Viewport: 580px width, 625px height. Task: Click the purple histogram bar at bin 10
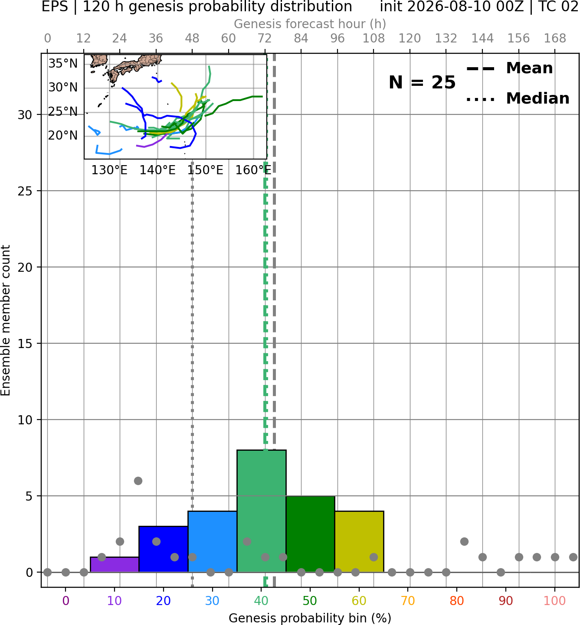115,564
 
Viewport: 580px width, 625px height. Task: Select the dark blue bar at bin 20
163,549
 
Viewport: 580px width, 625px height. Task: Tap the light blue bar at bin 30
212,541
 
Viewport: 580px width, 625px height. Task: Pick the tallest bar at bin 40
262,511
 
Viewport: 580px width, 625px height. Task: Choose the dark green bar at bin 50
310,534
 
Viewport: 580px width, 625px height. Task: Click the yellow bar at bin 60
359,541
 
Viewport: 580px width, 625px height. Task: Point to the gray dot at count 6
138,481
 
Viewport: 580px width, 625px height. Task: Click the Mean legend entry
509,68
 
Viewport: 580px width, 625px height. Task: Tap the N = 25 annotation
422,82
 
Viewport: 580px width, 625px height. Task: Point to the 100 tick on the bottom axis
555,601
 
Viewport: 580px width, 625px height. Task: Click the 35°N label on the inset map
63,64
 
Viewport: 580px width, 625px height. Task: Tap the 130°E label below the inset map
109,170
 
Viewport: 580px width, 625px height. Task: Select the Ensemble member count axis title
5,320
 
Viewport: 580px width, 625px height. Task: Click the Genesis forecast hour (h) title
310,24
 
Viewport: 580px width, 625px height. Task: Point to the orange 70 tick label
408,601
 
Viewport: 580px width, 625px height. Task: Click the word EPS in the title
55,7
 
